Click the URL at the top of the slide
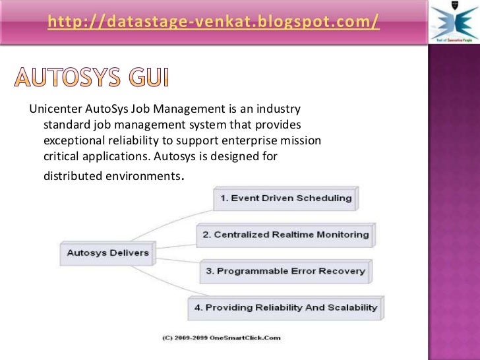pyautogui.click(x=213, y=22)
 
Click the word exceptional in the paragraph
pyautogui.click(x=72, y=141)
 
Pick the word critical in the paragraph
pyautogui.click(x=61, y=158)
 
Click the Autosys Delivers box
pyautogui.click(x=108, y=252)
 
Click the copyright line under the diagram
pyautogui.click(x=222, y=338)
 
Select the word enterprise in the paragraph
pyautogui.click(x=253, y=141)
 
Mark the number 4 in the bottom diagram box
pyautogui.click(x=198, y=307)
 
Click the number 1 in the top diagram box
pyautogui.click(x=224, y=198)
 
